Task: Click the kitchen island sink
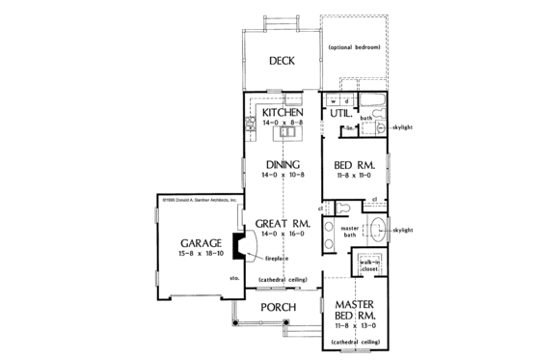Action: pos(288,135)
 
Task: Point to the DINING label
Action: pos(282,164)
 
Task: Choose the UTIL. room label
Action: pos(340,114)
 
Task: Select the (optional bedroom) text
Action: pos(354,47)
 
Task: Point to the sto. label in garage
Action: pos(234,279)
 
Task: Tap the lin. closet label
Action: pos(353,127)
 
